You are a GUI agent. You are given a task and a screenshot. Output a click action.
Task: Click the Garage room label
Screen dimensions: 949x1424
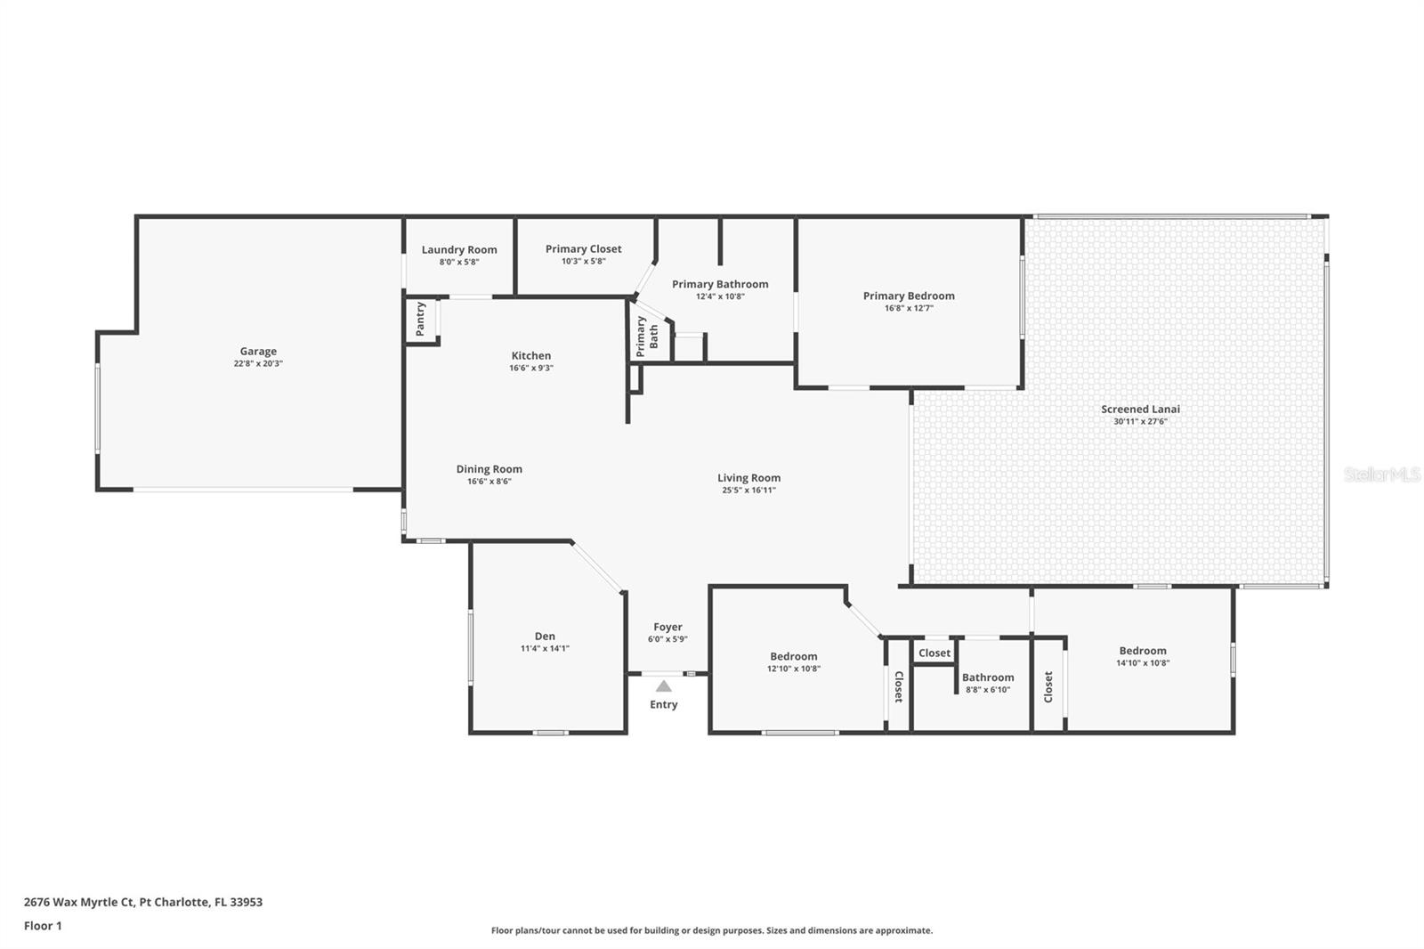pyautogui.click(x=258, y=352)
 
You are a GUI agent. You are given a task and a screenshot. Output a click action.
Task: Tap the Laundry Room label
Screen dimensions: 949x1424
pyautogui.click(x=459, y=250)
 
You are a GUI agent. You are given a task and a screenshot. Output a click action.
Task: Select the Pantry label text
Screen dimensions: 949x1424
pyautogui.click(x=421, y=319)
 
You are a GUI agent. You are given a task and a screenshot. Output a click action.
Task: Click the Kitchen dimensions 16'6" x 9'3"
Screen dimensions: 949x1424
pyautogui.click(x=531, y=368)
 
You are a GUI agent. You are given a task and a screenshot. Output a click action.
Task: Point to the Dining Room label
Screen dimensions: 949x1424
pyautogui.click(x=489, y=469)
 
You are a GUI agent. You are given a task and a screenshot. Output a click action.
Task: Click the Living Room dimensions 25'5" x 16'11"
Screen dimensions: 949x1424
pyautogui.click(x=748, y=490)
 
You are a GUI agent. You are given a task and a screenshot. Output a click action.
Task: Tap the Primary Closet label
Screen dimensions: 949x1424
pyautogui.click(x=583, y=249)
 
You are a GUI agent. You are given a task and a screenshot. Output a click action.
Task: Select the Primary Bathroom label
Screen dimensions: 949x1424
pyautogui.click(x=720, y=284)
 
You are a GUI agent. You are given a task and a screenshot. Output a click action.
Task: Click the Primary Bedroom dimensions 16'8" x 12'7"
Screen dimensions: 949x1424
pyautogui.click(x=909, y=308)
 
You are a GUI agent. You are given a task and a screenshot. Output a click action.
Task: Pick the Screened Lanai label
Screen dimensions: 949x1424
pyautogui.click(x=1140, y=410)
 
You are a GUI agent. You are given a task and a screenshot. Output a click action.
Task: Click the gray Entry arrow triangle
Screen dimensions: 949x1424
pyautogui.click(x=664, y=686)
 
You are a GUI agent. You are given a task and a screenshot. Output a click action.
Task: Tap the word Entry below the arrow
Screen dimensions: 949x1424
pyautogui.click(x=664, y=704)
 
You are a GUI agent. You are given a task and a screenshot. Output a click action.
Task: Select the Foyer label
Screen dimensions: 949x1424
pyautogui.click(x=667, y=627)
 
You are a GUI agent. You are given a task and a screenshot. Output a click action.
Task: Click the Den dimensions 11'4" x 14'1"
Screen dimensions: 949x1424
pyautogui.click(x=545, y=648)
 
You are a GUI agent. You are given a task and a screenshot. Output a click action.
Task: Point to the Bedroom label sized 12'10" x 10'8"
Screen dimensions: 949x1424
pyautogui.click(x=794, y=656)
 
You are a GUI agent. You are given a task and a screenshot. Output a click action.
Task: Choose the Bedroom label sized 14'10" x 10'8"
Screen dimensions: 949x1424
pyautogui.click(x=1143, y=651)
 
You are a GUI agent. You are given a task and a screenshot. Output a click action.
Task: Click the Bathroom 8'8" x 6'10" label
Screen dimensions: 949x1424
pyautogui.click(x=988, y=677)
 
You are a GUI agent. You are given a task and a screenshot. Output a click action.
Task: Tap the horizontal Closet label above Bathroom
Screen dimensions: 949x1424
pyautogui.click(x=934, y=653)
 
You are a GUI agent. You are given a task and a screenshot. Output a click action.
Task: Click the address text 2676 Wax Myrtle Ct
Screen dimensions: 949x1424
pyautogui.click(x=80, y=902)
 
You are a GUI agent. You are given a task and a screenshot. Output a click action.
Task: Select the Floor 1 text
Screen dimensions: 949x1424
pyautogui.click(x=43, y=926)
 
